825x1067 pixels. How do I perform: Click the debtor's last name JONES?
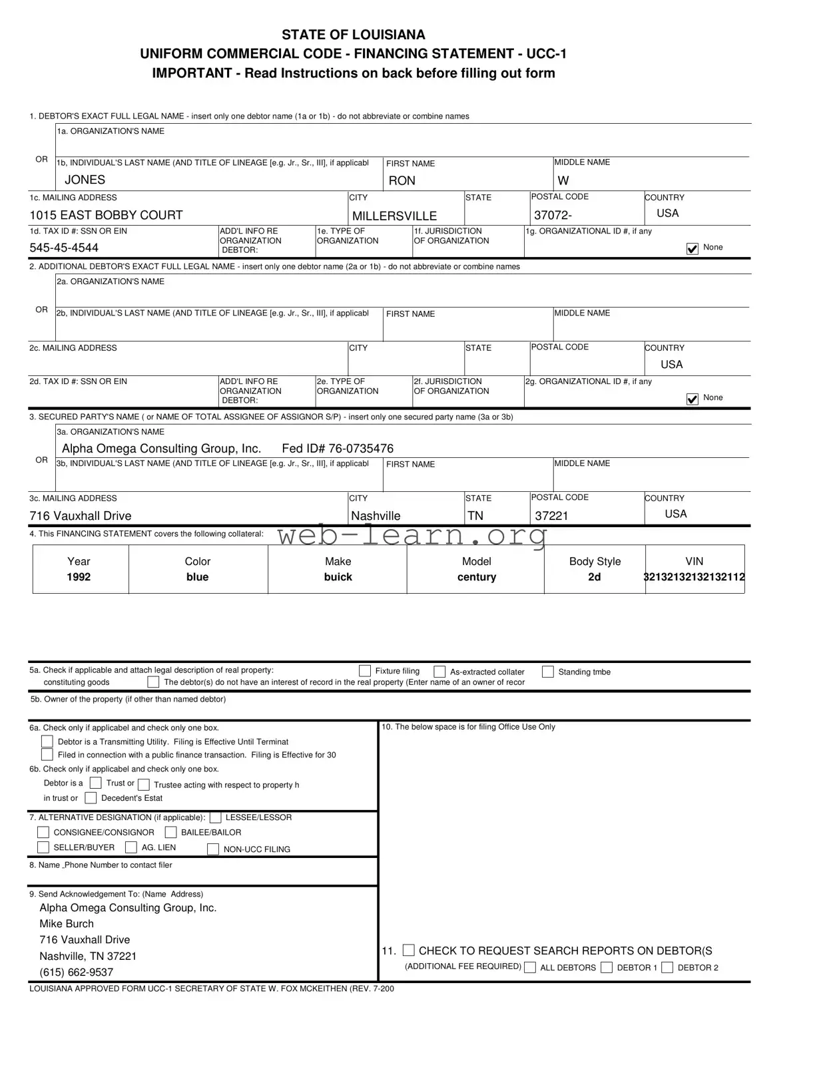[85, 180]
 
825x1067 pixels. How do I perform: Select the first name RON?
[402, 181]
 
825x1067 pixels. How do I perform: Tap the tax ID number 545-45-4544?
[64, 248]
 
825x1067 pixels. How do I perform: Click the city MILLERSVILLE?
[394, 216]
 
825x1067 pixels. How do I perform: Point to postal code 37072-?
[553, 216]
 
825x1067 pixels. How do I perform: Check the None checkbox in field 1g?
[692, 248]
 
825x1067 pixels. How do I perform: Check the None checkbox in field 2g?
[692, 399]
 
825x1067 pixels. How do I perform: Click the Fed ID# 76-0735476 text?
[338, 449]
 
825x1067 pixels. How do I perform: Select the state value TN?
[475, 516]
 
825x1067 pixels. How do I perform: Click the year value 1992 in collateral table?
[79, 577]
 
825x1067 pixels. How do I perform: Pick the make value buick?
[338, 577]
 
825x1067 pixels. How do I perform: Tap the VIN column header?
[694, 562]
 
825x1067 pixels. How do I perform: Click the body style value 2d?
[594, 577]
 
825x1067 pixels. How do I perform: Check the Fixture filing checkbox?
[365, 671]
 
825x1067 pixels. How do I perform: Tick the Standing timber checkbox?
[547, 672]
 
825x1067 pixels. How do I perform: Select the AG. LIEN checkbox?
[131, 847]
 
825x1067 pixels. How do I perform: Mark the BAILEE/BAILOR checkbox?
[170, 832]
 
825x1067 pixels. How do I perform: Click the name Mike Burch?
[67, 924]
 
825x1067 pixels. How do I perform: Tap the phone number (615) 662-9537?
[76, 972]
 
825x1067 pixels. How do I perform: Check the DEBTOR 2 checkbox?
[667, 968]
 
